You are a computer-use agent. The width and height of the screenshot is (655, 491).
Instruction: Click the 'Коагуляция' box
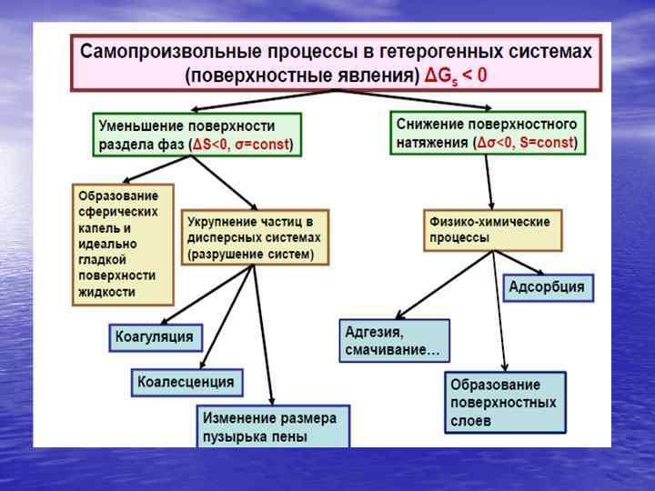[x=154, y=337]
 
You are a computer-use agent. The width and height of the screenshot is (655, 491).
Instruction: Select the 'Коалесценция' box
[x=186, y=382]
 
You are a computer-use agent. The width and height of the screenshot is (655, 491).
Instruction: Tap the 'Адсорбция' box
[x=548, y=288]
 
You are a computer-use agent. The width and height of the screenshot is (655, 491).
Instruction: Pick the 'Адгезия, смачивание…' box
[x=394, y=340]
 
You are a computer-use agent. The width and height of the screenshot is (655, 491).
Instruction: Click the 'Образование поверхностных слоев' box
[x=504, y=402]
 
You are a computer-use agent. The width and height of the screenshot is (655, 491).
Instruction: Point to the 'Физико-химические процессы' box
[x=492, y=230]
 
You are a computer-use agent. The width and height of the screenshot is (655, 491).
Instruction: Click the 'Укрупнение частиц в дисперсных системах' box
[x=255, y=237]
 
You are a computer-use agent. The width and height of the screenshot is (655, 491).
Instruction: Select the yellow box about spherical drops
[x=122, y=244]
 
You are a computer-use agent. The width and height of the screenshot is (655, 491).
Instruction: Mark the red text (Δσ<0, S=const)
[x=526, y=144]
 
